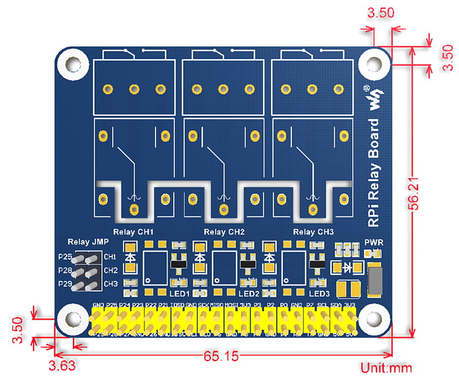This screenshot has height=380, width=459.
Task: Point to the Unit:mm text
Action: [x=386, y=368]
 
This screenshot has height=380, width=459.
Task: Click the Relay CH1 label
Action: [x=133, y=232]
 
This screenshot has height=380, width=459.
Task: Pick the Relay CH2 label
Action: [x=224, y=232]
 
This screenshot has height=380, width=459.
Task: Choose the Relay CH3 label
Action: [x=314, y=232]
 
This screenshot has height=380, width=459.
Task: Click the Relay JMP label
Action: [x=84, y=242]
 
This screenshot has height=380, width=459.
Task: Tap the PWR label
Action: [x=373, y=241]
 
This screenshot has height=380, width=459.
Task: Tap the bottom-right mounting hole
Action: [x=373, y=319]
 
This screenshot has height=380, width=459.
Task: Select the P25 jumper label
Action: [x=65, y=257]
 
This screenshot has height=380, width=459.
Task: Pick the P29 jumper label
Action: [x=65, y=283]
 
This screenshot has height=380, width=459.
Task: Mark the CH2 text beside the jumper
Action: [x=111, y=270]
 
